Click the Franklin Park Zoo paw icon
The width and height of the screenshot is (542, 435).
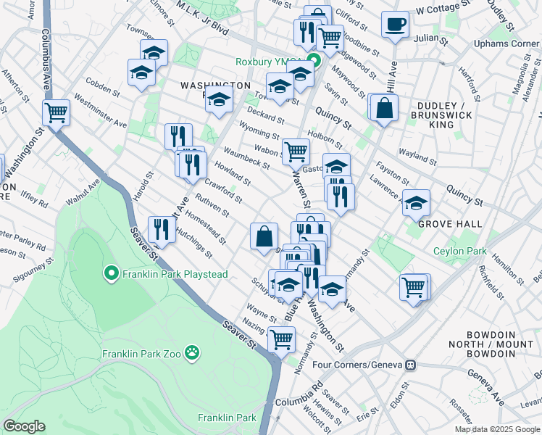pos(192,354)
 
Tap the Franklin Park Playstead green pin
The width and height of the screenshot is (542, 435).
pos(111,274)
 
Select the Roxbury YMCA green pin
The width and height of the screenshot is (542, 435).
pos(314,62)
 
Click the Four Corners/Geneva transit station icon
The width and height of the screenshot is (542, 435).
pos(410,365)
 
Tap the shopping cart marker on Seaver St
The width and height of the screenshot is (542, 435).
pos(281,339)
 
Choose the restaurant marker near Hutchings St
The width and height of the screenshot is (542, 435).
pos(161,230)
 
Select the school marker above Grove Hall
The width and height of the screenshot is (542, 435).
pos(416,204)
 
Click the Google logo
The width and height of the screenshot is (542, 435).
pos(24,426)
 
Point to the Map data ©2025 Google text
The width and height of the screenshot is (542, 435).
pos(496,429)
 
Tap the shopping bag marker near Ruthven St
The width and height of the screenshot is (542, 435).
pos(264,236)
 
